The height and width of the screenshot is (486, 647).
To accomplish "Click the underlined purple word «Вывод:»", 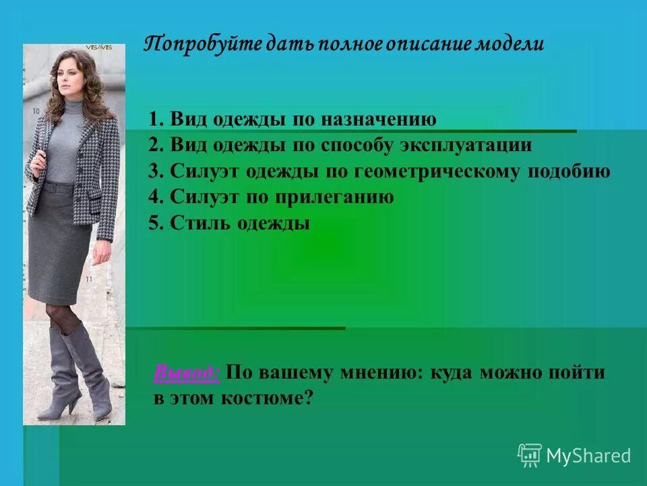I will pyautogui.click(x=187, y=372).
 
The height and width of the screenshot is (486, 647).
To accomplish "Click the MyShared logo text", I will pyautogui.click(x=588, y=456).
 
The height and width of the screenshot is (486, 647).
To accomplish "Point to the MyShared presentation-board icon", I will pyautogui.click(x=529, y=455).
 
